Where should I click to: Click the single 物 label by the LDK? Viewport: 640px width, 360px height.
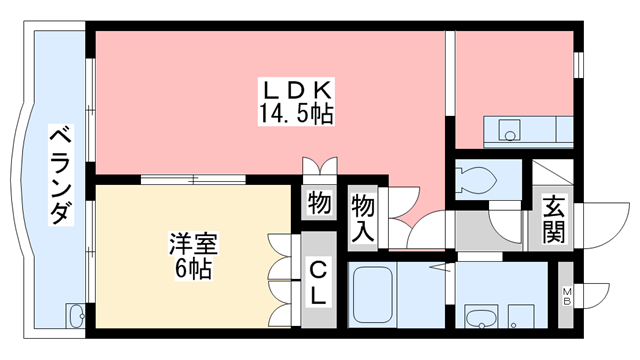(x=319, y=204)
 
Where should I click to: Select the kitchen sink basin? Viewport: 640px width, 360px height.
(x=510, y=130)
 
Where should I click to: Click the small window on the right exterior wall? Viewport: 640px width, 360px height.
(x=577, y=62)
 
